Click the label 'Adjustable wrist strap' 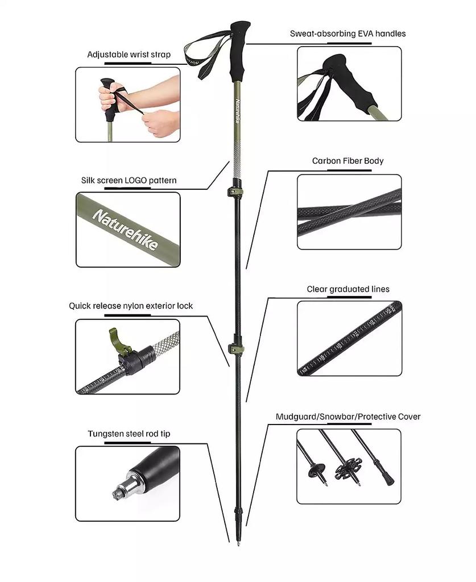coord(129,55)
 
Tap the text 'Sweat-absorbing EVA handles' coord(347,34)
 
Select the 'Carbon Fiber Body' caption coord(347,161)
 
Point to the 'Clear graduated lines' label coord(348,289)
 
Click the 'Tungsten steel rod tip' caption coord(129,434)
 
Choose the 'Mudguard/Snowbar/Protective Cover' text coord(348,417)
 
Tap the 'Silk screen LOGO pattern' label coord(129,181)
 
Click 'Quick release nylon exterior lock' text coord(131,306)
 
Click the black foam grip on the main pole coord(239,51)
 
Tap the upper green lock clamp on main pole coord(237,189)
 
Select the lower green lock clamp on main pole coord(235,348)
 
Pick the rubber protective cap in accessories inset coord(387,477)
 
